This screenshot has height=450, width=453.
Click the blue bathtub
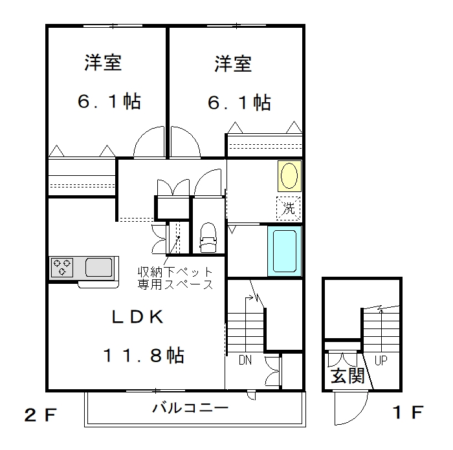(x=285, y=251)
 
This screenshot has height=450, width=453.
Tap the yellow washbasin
(x=289, y=176)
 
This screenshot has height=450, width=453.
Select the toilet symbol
(x=208, y=237)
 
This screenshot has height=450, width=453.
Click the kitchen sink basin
(x=99, y=267)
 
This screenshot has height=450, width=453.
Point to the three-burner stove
(x=62, y=267)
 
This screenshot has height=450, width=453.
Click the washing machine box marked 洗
(x=289, y=208)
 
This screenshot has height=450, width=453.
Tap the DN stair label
(x=245, y=360)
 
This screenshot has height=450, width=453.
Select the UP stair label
(x=381, y=360)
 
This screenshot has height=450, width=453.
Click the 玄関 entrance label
(x=348, y=376)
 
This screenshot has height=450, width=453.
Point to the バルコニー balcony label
(x=190, y=408)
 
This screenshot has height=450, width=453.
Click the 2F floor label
(x=40, y=415)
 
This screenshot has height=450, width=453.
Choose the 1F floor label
(x=408, y=412)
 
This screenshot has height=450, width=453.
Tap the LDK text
(x=137, y=317)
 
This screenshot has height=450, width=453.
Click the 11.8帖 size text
(x=144, y=355)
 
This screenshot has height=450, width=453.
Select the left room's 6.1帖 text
(x=109, y=102)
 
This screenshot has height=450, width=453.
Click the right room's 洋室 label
(x=233, y=63)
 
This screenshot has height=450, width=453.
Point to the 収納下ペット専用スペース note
(x=175, y=278)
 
